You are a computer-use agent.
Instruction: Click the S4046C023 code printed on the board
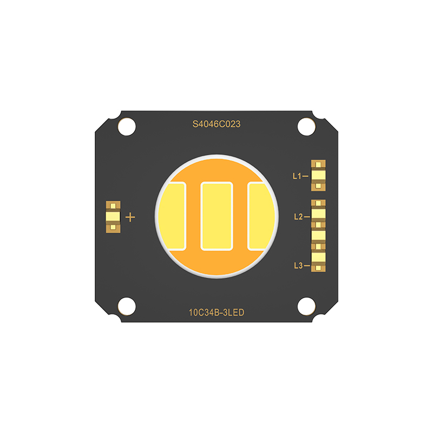click(x=216, y=124)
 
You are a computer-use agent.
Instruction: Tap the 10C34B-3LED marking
click(x=216, y=312)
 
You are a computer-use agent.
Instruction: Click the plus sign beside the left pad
click(x=130, y=218)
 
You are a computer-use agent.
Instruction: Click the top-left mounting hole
click(x=127, y=127)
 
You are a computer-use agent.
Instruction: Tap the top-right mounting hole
click(x=306, y=127)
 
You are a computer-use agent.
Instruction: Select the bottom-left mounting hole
click(x=127, y=306)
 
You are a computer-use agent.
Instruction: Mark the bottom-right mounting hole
click(x=306, y=306)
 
